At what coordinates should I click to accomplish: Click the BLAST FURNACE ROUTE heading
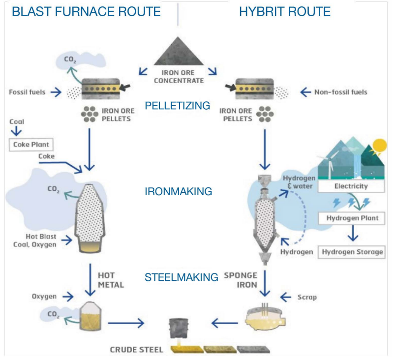87,11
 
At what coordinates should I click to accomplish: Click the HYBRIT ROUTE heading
285,11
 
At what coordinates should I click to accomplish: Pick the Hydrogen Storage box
352,252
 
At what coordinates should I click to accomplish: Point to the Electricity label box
351,186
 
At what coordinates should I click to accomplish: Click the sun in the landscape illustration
379,146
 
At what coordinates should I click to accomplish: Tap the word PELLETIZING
178,105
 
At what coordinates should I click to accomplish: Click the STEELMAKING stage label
182,277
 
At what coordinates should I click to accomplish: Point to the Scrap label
307,297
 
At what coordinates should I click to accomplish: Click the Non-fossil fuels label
340,91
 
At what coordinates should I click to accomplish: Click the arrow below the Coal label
16,132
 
